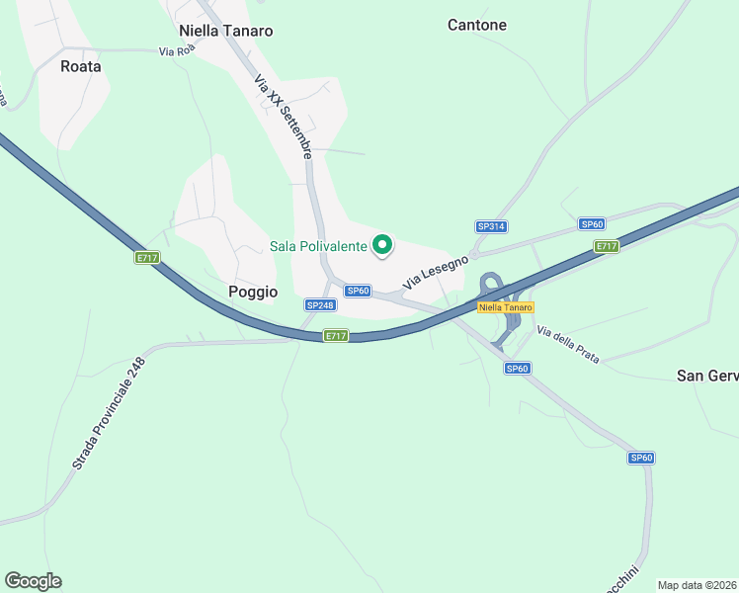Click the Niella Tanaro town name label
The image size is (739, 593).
click(225, 31)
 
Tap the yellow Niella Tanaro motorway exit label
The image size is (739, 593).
click(505, 307)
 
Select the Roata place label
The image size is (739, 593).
click(81, 66)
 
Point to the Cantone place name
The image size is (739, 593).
click(477, 25)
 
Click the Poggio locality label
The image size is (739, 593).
click(253, 292)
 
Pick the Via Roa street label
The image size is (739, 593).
click(177, 51)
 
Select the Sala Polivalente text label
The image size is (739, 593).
click(319, 245)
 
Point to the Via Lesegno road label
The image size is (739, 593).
click(433, 271)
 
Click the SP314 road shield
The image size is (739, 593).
click(491, 226)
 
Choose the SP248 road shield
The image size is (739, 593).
click(320, 305)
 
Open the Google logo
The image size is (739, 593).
click(33, 581)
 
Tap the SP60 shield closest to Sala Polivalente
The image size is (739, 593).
click(358, 291)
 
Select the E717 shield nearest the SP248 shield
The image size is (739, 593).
click(336, 336)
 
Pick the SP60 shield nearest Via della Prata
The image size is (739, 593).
click(518, 369)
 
